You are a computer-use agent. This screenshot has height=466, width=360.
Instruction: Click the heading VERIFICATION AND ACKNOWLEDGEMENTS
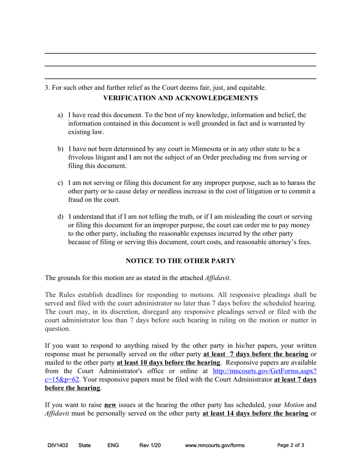[x=180, y=98]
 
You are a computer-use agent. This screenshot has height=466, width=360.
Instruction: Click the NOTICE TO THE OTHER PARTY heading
[x=180, y=261]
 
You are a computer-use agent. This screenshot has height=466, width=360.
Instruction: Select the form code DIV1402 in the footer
[x=58, y=446]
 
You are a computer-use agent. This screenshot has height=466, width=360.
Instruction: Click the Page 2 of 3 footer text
[x=291, y=446]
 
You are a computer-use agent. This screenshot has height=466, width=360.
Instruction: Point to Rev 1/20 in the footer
[x=150, y=446]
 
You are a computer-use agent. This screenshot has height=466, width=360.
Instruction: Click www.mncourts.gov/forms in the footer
[x=214, y=446]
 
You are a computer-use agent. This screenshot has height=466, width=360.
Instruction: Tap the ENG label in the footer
[x=113, y=446]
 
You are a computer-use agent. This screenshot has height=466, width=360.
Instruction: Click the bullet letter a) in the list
[x=60, y=115]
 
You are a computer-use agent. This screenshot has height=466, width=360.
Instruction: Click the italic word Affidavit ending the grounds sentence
[x=217, y=278]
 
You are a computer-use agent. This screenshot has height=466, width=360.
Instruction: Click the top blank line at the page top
[x=180, y=53]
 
